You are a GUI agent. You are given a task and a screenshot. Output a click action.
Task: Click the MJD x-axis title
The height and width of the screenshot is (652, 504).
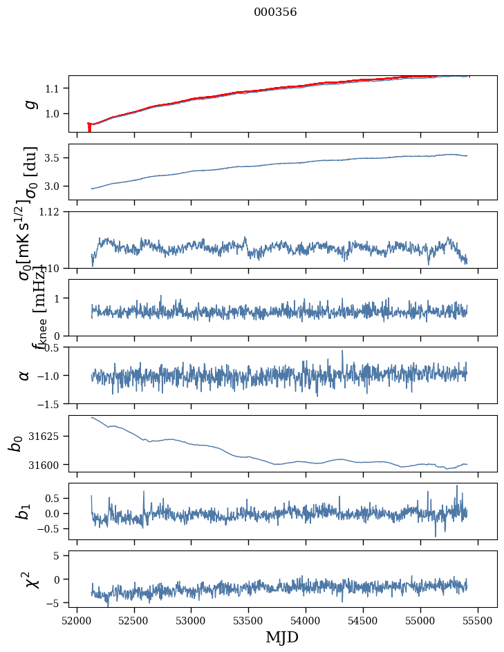[282, 637]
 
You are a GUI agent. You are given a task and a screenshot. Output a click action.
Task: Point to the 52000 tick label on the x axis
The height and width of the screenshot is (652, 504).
[77, 620]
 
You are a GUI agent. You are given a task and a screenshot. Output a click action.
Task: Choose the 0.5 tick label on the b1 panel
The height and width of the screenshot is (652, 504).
[56, 497]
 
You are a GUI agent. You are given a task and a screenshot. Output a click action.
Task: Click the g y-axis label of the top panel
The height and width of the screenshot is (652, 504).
[29, 104]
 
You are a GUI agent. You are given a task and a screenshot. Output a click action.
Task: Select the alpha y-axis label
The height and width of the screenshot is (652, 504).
[25, 375]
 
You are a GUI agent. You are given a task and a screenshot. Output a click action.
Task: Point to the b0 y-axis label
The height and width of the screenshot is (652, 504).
[15, 443]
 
